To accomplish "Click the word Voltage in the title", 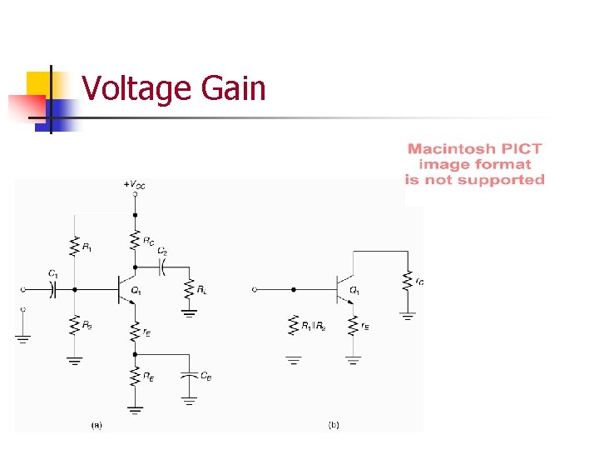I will (137, 88).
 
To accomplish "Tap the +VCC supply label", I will (134, 185).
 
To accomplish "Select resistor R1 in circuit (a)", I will (75, 245).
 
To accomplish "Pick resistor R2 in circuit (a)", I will (75, 324).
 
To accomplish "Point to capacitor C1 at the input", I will (52, 289).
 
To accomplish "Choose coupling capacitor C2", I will (163, 267).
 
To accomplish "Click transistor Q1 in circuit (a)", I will (129, 289).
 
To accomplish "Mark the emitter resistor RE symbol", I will (134, 377).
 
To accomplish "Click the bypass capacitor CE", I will (191, 377).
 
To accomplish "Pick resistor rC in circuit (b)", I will (408, 281).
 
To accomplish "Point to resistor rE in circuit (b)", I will (354, 326).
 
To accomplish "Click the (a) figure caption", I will (97, 425).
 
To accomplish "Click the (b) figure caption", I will (334, 425).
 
